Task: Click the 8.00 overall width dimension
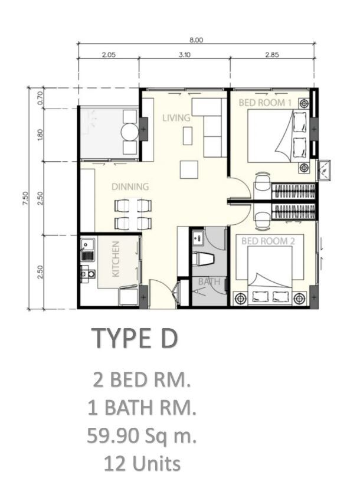tap(196, 40)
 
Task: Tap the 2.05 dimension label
tap(109, 55)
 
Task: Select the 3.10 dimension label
tap(185, 55)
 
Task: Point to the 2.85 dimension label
tap(271, 55)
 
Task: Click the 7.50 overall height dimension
tap(25, 198)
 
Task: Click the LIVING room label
tap(176, 117)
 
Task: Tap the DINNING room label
tap(130, 186)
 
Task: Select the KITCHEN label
tap(116, 259)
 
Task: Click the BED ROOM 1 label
tap(265, 103)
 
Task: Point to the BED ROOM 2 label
tap(268, 241)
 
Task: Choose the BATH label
tap(209, 281)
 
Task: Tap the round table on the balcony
tap(129, 132)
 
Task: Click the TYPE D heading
tap(135, 338)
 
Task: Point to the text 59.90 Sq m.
tap(142, 435)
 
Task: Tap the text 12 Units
tap(142, 463)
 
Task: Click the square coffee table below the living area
tap(189, 169)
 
